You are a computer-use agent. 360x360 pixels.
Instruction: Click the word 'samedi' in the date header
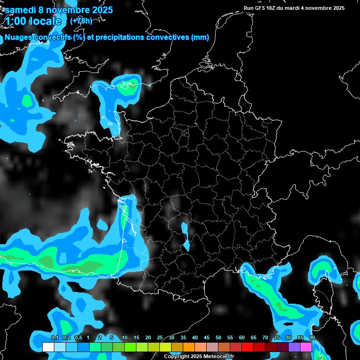pyautogui.click(x=21, y=9)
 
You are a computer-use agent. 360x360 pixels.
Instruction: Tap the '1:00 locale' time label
pyautogui.click(x=33, y=21)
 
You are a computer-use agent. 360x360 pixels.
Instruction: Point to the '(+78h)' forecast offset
pyautogui.click(x=81, y=21)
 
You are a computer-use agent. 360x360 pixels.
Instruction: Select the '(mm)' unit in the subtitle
pyautogui.click(x=200, y=37)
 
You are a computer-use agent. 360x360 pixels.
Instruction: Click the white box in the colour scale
pyautogui.click(x=48, y=347)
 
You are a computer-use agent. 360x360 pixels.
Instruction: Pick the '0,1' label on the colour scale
pyautogui.click(x=54, y=337)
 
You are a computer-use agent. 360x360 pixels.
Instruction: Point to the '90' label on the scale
pyautogui.click(x=312, y=337)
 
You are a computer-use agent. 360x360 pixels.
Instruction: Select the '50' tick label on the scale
pyautogui.click(x=218, y=337)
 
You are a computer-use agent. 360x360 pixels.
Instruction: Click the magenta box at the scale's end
pyautogui.click(x=306, y=347)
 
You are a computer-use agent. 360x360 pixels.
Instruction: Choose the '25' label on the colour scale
pyautogui.click(x=160, y=337)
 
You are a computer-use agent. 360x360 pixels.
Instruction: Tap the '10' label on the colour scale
pyautogui.click(x=125, y=337)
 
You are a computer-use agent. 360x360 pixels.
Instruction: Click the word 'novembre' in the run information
pyautogui.click(x=320, y=8)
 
